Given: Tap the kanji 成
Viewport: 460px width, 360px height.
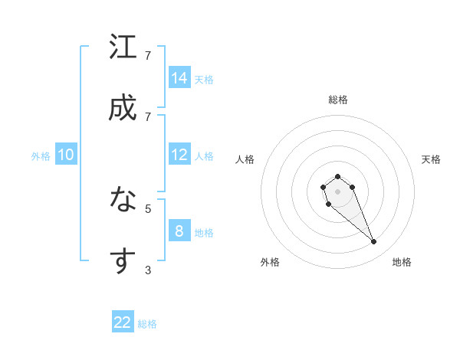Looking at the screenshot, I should point(123,108).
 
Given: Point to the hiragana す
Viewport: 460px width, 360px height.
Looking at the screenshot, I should point(123,260).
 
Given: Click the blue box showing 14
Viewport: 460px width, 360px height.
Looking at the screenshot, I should point(179,77).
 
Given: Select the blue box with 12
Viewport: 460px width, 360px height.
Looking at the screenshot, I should point(179,155).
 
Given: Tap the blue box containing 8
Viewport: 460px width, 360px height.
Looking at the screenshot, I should point(179,231).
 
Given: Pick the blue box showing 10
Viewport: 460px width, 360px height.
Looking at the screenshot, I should point(66,155).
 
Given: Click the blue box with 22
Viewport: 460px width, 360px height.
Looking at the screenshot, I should point(123,322).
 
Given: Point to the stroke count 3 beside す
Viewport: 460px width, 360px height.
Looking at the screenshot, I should point(148,270).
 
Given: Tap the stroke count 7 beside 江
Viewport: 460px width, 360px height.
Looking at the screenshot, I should point(148,56).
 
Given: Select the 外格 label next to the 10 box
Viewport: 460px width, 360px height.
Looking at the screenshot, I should point(41,156).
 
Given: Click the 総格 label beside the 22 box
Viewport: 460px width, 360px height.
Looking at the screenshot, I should point(147,324).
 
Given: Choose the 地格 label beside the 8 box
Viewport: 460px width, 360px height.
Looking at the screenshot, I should point(204,233).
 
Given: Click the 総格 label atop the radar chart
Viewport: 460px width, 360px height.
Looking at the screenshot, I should point(337,100).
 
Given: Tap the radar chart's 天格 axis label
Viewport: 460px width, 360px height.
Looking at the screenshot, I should point(431,159).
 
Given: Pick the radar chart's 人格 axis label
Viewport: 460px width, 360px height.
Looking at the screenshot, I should point(245,159).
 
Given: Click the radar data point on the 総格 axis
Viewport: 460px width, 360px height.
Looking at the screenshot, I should point(337,177).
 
